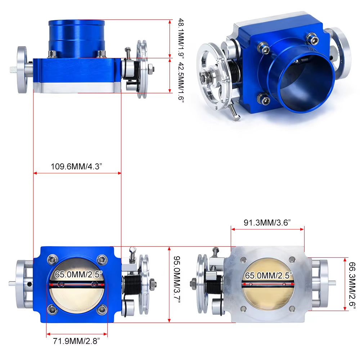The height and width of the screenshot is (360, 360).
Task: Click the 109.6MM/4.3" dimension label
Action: pos(77,167)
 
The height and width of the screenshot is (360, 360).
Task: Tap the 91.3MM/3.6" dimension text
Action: pos(267,222)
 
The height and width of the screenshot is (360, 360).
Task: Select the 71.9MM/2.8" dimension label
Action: pos(77,339)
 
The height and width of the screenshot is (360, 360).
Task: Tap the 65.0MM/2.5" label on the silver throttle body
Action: pos(269,276)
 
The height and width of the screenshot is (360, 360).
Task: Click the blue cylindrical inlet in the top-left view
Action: pos(77,38)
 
